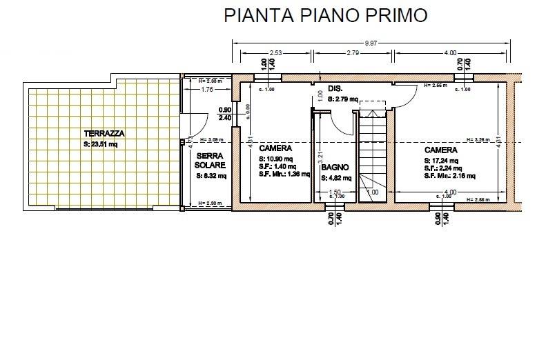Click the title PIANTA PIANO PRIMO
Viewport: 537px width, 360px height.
[x=325, y=16]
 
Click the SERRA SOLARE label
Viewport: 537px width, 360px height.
[x=208, y=161]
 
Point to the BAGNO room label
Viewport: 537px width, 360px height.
[x=335, y=168]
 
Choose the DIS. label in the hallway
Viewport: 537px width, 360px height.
[x=336, y=89]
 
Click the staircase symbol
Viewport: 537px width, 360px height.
[x=375, y=155]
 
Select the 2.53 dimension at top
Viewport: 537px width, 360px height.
[x=275, y=52]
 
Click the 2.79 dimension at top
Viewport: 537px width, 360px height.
[x=352, y=52]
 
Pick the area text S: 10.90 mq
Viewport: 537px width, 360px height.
[x=277, y=158]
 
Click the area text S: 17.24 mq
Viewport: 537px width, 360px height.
[x=441, y=160]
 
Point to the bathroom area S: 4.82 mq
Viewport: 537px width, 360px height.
[x=336, y=178]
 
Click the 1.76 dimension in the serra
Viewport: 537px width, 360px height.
[x=206, y=90]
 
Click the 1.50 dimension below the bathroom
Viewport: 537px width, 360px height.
[x=335, y=192]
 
